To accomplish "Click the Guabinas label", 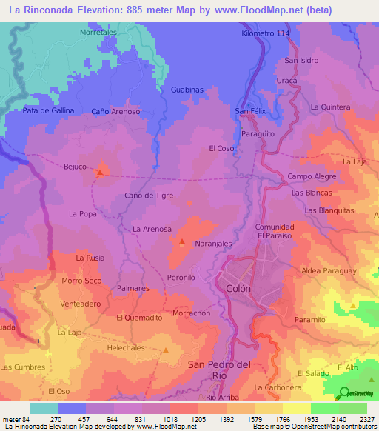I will click(187, 89).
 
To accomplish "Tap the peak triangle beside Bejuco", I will click(99, 173).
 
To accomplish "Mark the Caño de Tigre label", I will click(149, 195).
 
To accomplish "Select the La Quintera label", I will click(330, 107).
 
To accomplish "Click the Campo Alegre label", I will click(312, 176).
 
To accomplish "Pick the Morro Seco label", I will click(81, 281).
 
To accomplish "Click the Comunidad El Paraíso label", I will click(275, 230).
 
